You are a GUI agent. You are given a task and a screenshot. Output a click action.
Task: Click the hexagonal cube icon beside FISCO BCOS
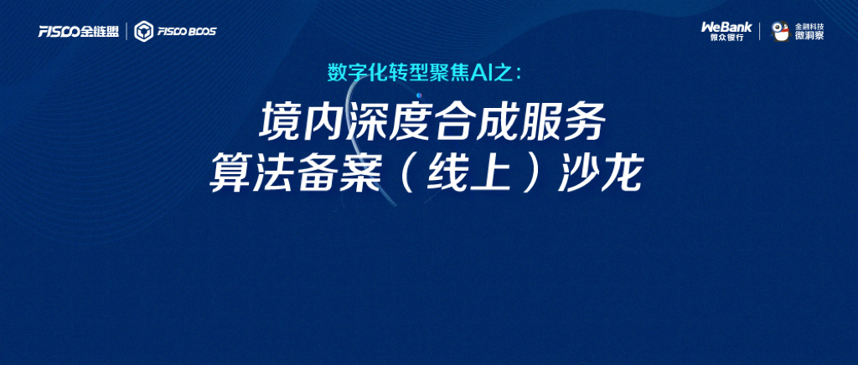tap(144, 31)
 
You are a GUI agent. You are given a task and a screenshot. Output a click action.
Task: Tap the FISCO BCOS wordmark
tap(187, 32)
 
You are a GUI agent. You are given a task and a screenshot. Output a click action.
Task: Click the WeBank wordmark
tap(726, 27)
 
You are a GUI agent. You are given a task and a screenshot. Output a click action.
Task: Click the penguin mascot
tap(780, 31)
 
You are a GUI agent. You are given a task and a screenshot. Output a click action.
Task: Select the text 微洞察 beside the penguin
tap(809, 35)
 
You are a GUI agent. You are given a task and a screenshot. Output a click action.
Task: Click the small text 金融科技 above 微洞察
tap(809, 26)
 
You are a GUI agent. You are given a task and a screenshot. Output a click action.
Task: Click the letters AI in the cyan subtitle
tap(484, 73)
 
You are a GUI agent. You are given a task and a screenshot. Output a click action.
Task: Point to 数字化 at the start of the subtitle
tap(353, 73)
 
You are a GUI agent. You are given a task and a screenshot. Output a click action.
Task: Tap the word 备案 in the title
tap(339, 175)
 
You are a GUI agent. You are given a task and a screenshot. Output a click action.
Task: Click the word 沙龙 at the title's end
tap(599, 175)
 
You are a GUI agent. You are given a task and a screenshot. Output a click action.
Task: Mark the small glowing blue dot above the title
tap(419, 95)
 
